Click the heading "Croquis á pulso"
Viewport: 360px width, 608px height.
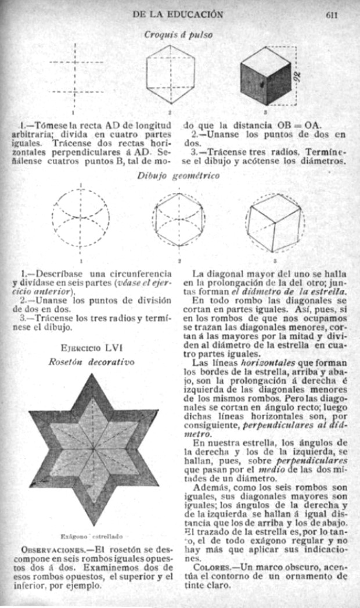pyautogui.click(x=178, y=34)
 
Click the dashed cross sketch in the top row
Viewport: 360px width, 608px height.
pyautogui.click(x=75, y=76)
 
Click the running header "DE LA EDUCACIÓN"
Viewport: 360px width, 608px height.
pyautogui.click(x=178, y=14)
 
